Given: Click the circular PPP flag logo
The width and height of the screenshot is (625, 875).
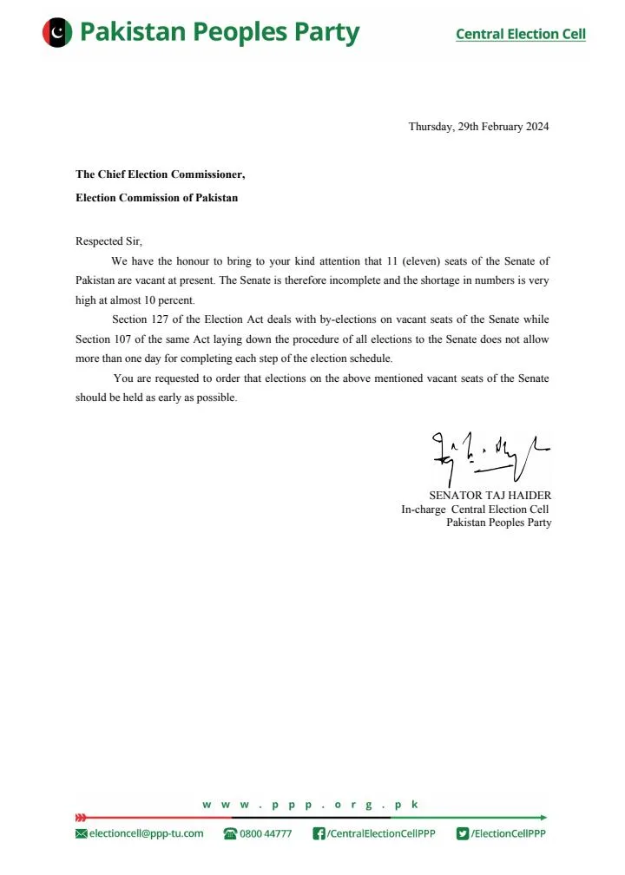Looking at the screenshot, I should tap(56, 33).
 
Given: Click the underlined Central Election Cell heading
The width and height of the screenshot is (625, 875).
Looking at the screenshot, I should tap(520, 35).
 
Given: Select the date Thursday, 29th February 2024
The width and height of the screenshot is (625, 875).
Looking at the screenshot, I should tap(478, 127).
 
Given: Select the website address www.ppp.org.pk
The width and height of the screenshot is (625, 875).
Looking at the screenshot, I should tap(311, 805).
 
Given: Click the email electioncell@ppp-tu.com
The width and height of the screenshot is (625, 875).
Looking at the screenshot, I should tap(146, 833).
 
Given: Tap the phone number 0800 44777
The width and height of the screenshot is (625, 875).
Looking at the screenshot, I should tap(266, 833).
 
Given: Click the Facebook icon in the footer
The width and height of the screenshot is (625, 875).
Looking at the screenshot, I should tap(319, 833).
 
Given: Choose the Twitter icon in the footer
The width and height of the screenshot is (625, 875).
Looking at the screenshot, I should tap(463, 833).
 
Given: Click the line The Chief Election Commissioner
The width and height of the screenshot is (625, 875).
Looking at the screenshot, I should tap(161, 174).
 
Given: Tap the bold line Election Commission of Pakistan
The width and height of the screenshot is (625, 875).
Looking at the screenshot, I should tap(156, 198).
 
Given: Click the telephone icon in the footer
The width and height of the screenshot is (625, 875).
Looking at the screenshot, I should tap(230, 833).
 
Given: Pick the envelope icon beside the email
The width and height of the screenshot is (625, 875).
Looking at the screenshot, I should tap(82, 833).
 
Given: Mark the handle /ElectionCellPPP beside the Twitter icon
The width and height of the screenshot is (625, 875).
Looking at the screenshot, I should tap(509, 833).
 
